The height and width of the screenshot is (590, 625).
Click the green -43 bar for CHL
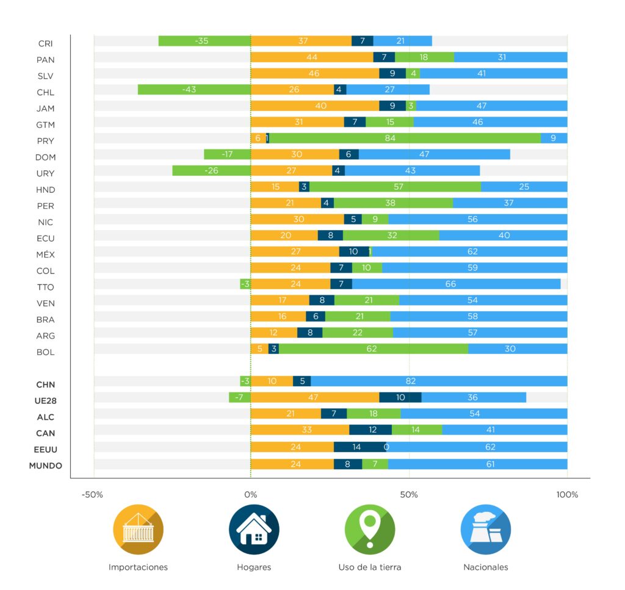pos(194,90)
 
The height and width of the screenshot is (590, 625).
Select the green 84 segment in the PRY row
pos(405,138)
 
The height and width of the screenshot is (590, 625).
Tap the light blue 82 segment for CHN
pos(439,381)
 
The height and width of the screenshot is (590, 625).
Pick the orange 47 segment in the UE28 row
pos(315,397)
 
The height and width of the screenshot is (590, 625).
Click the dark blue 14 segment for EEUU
pos(359,446)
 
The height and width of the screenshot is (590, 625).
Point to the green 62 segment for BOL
pos(374,349)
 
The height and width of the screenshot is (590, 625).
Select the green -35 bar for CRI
pos(204,41)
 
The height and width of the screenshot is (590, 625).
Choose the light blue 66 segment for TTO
pos(456,284)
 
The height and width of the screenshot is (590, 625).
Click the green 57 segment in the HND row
pos(395,187)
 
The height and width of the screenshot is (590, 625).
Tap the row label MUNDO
pos(46,466)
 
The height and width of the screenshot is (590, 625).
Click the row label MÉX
pos(46,254)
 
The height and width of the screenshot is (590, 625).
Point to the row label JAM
pos(46,109)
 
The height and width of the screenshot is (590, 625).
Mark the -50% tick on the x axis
pos(93,494)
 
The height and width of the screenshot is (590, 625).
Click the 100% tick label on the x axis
pos(567,494)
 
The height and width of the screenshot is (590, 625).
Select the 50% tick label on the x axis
pos(410,494)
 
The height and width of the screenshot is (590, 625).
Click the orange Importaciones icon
pos(138,530)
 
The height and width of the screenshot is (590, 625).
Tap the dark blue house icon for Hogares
pos(254,530)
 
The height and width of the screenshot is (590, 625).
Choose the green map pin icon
pos(370,530)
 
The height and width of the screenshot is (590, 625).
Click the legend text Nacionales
pos(486,567)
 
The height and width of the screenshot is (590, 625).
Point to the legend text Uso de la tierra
pos(370,567)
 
